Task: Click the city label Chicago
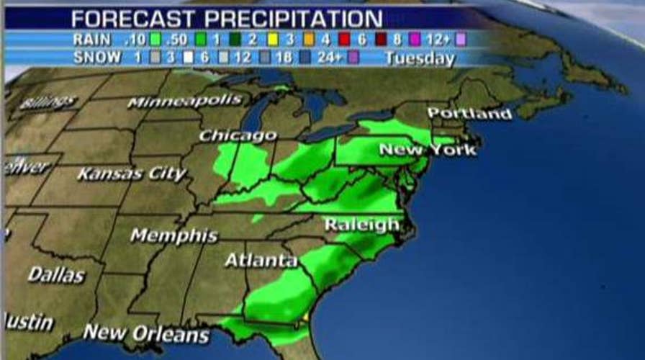238,135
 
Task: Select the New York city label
428,150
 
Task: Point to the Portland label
469,114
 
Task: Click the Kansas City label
132,174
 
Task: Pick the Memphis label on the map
173,235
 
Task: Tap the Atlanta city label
261,260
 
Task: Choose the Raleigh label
361,225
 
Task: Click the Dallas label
56,274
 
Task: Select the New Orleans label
146,333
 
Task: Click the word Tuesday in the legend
420,58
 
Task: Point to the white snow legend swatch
190,58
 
